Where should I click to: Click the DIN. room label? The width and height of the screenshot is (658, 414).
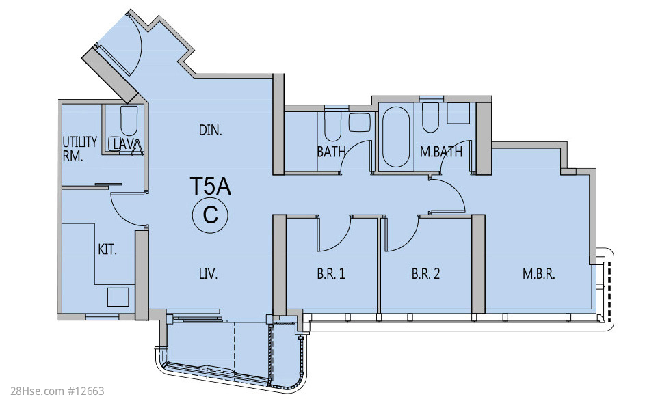click(210, 130)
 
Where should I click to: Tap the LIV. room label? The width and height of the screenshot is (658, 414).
click(208, 275)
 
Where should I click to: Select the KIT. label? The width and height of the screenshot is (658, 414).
click(107, 250)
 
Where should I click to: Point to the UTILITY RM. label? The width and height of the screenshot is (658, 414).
click(80, 149)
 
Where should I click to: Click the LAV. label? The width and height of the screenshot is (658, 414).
click(126, 145)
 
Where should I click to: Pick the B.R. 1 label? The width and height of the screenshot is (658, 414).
click(330, 274)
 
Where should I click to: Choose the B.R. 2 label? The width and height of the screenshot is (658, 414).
click(425, 274)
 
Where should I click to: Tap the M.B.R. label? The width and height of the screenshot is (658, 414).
click(539, 274)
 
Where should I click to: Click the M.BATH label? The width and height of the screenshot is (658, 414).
click(441, 152)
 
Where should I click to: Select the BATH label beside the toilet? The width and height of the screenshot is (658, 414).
click(331, 152)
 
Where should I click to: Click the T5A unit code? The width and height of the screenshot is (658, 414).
click(210, 186)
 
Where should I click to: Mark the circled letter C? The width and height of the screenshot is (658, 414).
click(210, 215)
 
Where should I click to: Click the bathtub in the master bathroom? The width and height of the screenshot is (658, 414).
click(396, 137)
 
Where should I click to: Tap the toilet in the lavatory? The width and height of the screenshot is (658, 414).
click(129, 120)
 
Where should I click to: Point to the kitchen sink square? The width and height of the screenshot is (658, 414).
click(118, 297)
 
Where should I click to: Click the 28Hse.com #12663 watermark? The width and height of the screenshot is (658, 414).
click(57, 391)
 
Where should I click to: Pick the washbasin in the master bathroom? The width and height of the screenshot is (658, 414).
click(458, 113)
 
